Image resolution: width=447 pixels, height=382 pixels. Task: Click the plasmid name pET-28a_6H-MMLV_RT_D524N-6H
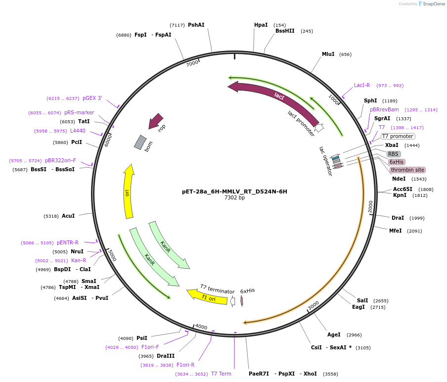[234, 191]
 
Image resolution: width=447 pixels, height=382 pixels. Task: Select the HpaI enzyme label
[261, 25]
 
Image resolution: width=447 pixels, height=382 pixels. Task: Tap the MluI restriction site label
[328, 54]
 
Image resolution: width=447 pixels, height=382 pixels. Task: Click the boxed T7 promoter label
[398, 136]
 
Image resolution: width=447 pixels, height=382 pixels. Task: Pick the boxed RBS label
[393, 154]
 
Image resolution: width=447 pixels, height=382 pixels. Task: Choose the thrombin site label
[407, 170]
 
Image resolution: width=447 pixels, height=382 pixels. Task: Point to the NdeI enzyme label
[399, 179]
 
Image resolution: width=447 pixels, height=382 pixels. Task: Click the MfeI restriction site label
[395, 231]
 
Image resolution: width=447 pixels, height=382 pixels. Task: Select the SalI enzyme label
[362, 300]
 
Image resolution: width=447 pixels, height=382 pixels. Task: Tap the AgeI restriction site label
[334, 334]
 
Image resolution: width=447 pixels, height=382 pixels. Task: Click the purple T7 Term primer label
[221, 374]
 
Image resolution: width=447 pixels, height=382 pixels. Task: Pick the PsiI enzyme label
[142, 338]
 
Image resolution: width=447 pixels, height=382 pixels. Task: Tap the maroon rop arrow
[156, 121]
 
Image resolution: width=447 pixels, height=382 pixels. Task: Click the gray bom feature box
[140, 143]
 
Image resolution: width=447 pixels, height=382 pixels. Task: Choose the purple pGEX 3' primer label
[92, 98]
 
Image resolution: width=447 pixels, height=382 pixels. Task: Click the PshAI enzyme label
[196, 25]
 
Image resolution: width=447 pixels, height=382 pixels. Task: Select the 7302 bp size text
[234, 198]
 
